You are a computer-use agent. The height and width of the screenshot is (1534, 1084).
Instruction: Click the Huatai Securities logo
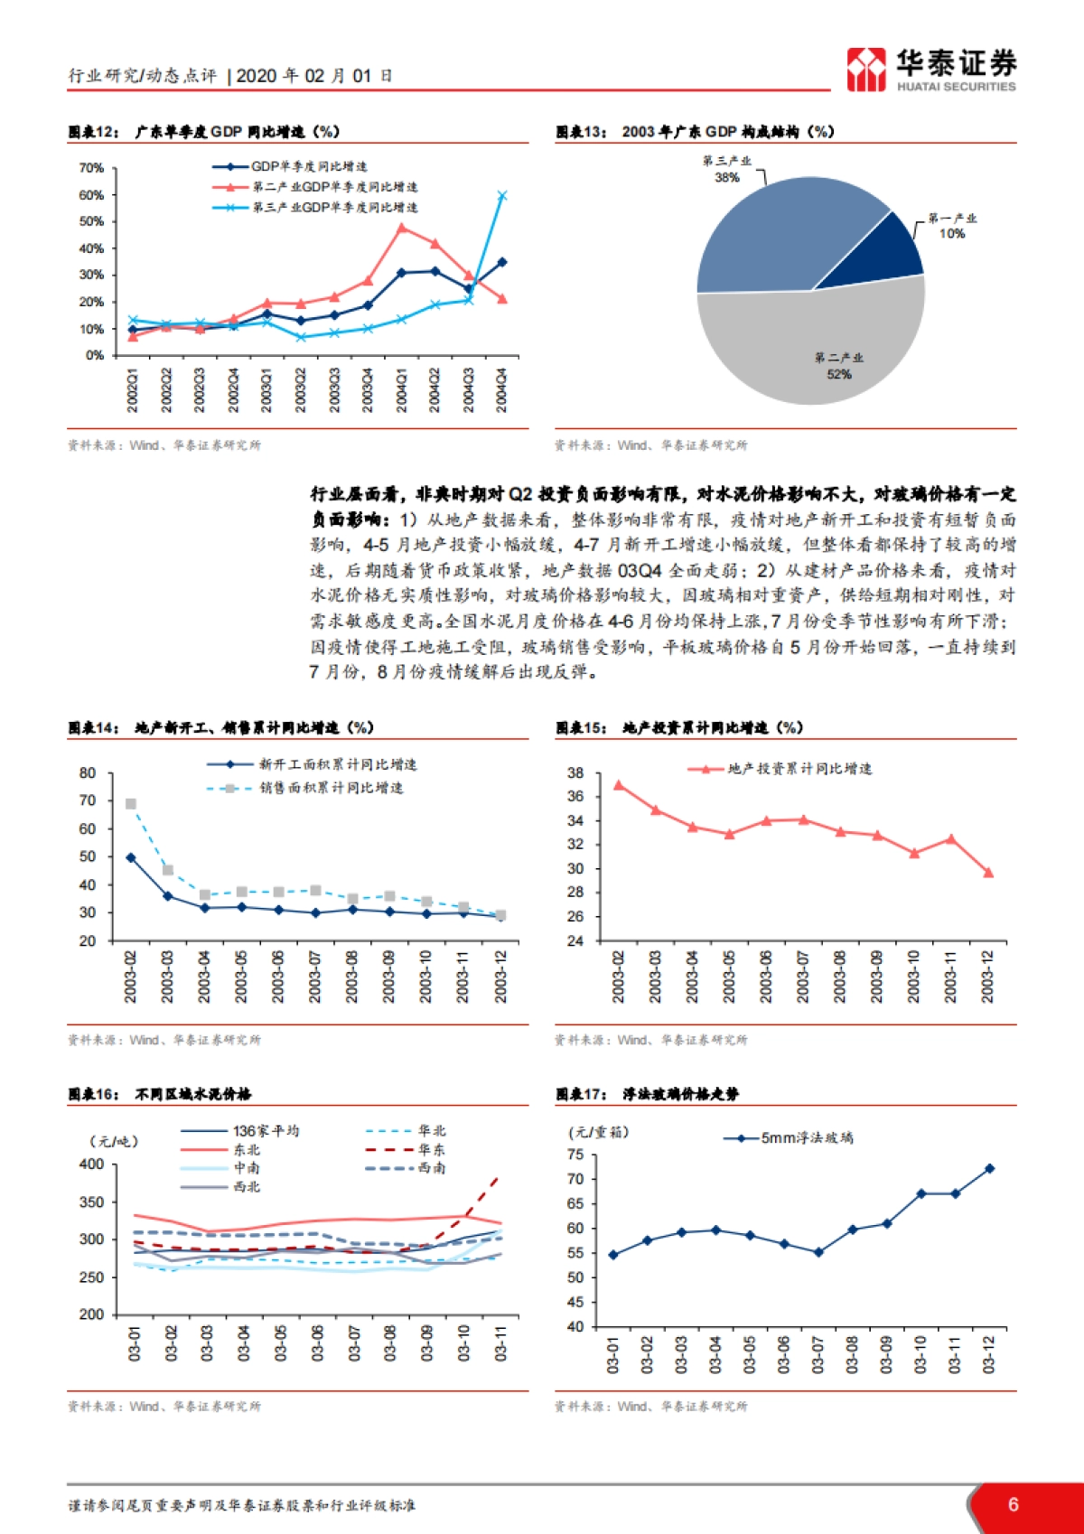[930, 70]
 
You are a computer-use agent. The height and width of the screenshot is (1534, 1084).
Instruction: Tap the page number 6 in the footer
[1013, 1504]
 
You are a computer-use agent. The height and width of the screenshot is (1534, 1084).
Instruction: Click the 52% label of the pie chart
[838, 374]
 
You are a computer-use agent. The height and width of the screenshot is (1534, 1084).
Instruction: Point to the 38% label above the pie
[727, 177]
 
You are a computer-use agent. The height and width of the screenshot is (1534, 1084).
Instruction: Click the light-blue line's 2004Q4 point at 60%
[502, 195]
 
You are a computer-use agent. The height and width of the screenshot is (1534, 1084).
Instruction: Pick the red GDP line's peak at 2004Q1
[402, 228]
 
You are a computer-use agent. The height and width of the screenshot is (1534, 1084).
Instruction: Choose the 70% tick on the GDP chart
[91, 168]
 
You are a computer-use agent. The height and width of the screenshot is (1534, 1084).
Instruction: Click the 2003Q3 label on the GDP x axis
[334, 389]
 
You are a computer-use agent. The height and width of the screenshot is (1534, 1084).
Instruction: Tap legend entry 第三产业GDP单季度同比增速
[334, 208]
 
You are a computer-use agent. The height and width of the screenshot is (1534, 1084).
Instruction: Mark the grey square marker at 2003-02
[131, 804]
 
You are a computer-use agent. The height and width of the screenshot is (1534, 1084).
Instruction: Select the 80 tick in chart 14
[88, 773]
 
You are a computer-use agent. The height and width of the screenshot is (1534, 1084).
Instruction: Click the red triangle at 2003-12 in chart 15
[988, 873]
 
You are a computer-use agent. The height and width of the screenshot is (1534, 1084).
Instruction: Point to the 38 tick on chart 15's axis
[575, 773]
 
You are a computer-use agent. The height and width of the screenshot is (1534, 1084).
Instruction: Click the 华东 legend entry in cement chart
[432, 1149]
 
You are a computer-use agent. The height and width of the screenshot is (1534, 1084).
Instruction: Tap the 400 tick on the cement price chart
[91, 1165]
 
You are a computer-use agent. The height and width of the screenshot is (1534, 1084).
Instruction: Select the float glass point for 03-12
[989, 1168]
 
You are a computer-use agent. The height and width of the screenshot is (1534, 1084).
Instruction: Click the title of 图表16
[160, 1094]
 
